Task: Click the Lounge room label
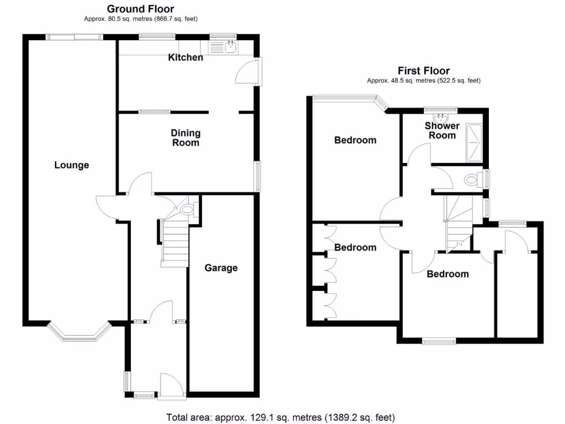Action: pyautogui.click(x=72, y=165)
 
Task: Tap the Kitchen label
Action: pyautogui.click(x=186, y=57)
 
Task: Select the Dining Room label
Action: pyautogui.click(x=185, y=138)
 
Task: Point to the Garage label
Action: pyautogui.click(x=221, y=268)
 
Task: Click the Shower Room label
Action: pyautogui.click(x=442, y=131)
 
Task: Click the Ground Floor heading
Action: pyautogui.click(x=140, y=9)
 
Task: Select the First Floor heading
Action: pyautogui.click(x=424, y=71)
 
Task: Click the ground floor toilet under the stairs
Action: pyautogui.click(x=188, y=210)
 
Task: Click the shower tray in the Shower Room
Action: pyautogui.click(x=475, y=143)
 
